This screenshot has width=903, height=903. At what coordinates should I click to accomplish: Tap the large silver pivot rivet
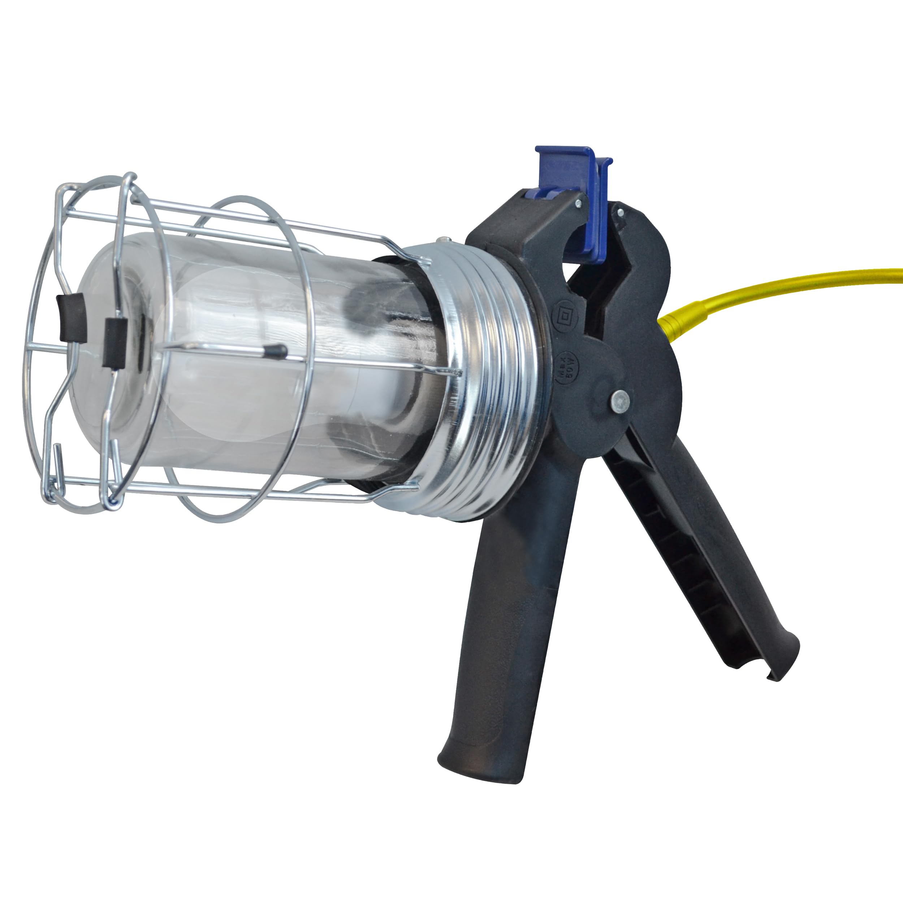(620, 400)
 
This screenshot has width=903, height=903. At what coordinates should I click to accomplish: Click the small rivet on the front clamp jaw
(579, 203)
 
